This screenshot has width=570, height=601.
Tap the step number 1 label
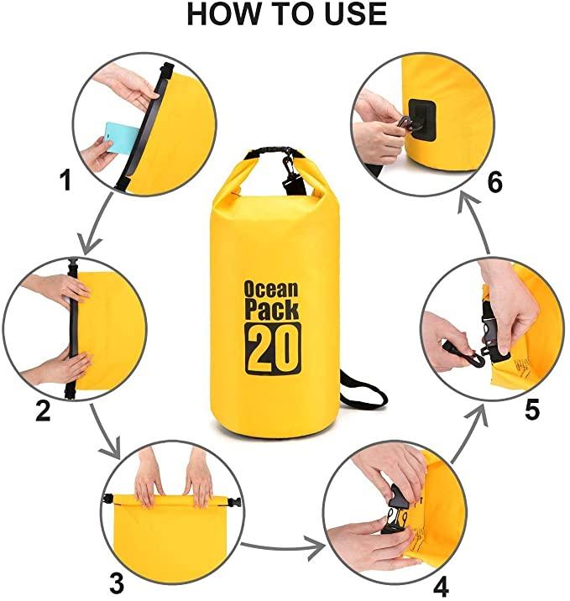(67, 181)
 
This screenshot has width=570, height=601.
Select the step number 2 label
(43, 410)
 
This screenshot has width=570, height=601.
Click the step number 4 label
(441, 586)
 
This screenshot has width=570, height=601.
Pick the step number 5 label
(531, 410)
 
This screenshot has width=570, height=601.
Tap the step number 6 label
(495, 182)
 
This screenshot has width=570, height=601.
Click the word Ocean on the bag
(271, 290)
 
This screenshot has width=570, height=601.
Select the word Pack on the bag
(271, 311)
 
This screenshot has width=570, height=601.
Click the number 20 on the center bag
(273, 348)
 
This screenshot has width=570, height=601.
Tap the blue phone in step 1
(121, 137)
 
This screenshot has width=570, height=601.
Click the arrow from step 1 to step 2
(97, 223)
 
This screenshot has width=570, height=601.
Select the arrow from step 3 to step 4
(284, 547)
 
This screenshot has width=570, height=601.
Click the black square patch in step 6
(422, 120)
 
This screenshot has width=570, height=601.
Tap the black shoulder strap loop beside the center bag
(363, 392)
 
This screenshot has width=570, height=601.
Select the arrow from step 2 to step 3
(107, 431)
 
